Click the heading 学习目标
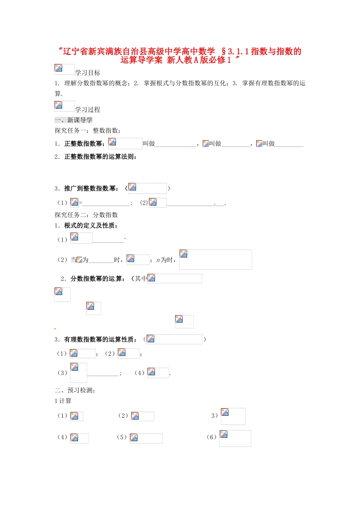(x=88, y=73)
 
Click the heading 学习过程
(x=88, y=109)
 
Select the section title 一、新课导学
(x=74, y=120)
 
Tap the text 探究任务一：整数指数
(x=88, y=131)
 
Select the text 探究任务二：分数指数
(x=86, y=215)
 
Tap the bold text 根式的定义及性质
(x=91, y=225)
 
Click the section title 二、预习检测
(x=75, y=390)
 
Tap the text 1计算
(x=63, y=401)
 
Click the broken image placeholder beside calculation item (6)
(x=235, y=438)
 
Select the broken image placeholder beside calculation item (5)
(x=146, y=438)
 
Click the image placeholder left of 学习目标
(x=64, y=69)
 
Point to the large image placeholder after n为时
(x=216, y=259)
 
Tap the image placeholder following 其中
(x=175, y=278)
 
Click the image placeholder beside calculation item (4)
(x=79, y=438)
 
